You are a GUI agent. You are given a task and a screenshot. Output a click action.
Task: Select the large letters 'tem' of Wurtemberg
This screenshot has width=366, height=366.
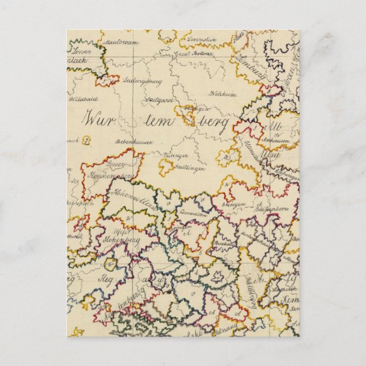point(161,120)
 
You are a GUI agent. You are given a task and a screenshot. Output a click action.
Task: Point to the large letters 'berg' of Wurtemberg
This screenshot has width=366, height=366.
point(211,122)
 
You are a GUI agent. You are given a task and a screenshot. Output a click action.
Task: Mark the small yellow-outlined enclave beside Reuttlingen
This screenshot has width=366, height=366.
point(165,165)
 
